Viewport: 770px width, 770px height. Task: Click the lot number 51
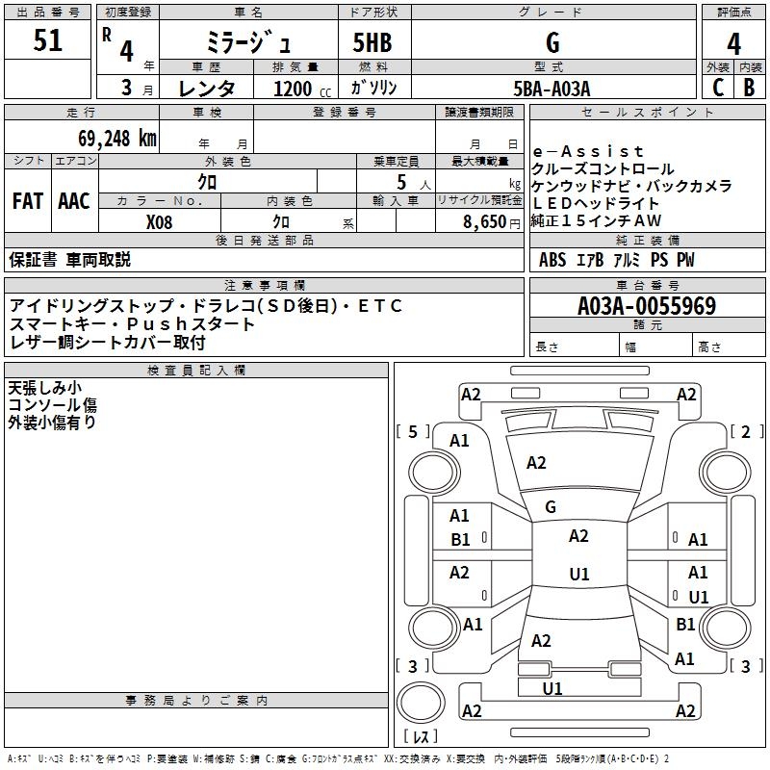click(x=47, y=41)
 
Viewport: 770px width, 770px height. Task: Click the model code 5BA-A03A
click(x=552, y=89)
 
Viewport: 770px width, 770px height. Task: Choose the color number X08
click(x=160, y=221)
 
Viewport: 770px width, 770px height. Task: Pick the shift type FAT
click(x=27, y=201)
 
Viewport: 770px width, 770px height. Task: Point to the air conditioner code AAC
click(x=74, y=201)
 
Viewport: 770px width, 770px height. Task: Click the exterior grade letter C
click(x=717, y=88)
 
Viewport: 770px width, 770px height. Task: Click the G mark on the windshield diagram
click(x=551, y=506)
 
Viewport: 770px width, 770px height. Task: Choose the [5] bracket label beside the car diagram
click(x=413, y=432)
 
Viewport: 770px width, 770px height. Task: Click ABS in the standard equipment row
click(x=552, y=260)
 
